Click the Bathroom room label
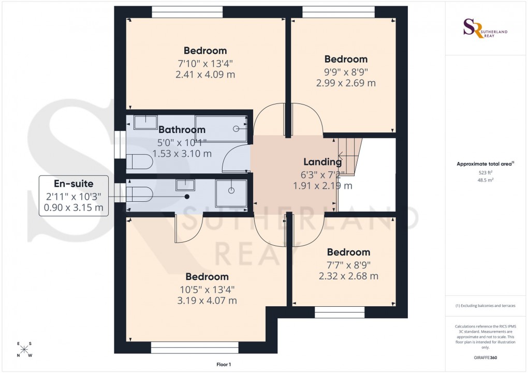[x=182, y=129]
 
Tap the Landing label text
[x=323, y=162]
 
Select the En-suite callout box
[x=74, y=196]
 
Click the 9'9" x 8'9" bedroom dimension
[x=346, y=71]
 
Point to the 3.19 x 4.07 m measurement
[x=207, y=300]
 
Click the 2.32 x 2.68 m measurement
[x=348, y=276]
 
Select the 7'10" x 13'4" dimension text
[x=205, y=63]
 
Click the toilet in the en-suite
[x=139, y=194]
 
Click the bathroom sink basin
[x=145, y=122]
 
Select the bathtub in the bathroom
[x=221, y=128]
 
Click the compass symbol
[x=24, y=350]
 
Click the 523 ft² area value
[x=484, y=172]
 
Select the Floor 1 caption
[x=224, y=365]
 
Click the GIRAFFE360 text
[x=484, y=357]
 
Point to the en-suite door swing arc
[x=187, y=230]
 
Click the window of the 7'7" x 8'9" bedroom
[x=340, y=312]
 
